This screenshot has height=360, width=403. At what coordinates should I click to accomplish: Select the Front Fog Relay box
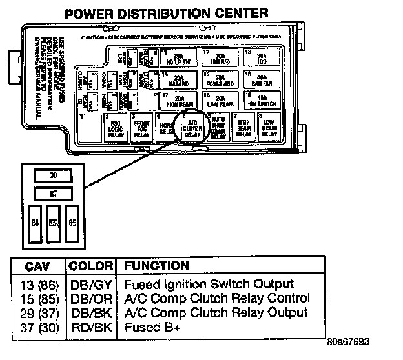(x=141, y=127)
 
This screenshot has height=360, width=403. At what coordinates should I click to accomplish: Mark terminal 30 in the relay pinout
(x=54, y=175)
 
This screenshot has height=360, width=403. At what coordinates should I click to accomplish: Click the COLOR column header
(x=92, y=266)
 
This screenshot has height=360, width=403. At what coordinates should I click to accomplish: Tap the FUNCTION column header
(x=157, y=266)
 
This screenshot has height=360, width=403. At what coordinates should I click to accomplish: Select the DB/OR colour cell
(x=91, y=298)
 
